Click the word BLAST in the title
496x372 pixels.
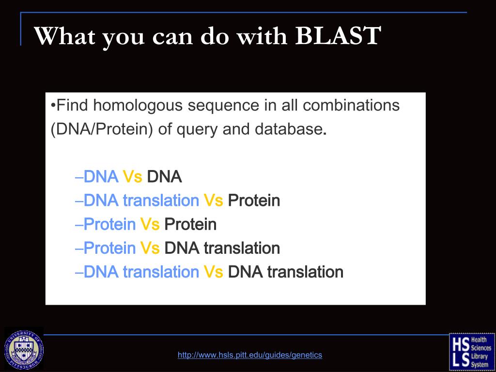[338, 35]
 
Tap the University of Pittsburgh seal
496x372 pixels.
[24, 350]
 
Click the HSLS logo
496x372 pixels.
[472, 352]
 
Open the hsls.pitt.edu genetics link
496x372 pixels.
[250, 355]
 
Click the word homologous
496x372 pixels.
[138, 105]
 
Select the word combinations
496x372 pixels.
[351, 105]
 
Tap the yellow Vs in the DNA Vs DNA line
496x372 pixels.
[132, 176]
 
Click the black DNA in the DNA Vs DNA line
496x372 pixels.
[165, 176]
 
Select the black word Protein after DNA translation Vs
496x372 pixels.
[254, 200]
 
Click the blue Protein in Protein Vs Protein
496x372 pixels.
[110, 224]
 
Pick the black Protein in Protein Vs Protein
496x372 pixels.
[190, 224]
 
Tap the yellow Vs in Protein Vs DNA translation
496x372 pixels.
[150, 248]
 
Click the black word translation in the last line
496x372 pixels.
[305, 272]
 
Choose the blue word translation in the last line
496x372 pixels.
[161, 272]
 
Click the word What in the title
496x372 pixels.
[64, 35]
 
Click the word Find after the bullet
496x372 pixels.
[72, 105]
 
